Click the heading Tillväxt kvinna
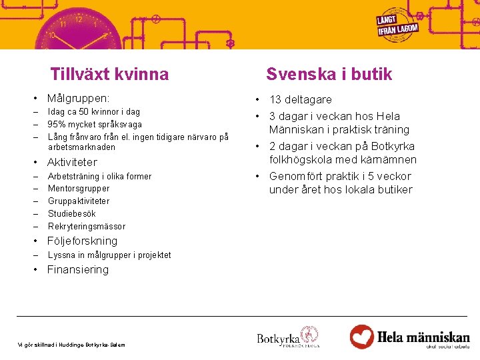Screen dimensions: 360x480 [109, 74]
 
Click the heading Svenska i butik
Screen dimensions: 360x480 [329, 74]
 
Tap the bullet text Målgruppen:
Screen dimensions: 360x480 [78, 99]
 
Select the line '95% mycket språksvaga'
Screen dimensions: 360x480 [95, 124]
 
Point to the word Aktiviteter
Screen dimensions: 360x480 [72, 162]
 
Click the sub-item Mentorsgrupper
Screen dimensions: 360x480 [79, 189]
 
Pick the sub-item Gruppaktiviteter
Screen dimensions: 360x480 [79, 201]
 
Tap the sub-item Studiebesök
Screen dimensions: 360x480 [72, 213]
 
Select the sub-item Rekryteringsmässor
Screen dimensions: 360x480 [87, 226]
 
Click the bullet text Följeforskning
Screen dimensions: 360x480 [82, 241]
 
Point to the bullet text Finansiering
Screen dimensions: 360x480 [77, 269]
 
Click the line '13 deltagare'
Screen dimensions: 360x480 [300, 99]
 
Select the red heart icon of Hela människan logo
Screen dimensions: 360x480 [362, 336]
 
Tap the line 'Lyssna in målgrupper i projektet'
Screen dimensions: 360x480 [109, 255]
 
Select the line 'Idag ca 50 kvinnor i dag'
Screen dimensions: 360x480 [94, 112]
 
